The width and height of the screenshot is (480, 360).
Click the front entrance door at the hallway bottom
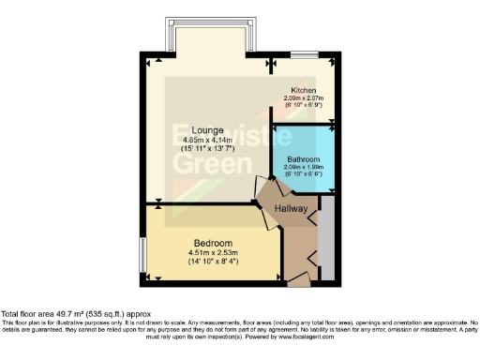[300, 278]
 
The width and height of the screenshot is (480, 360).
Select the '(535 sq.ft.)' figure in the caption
[112, 313]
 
